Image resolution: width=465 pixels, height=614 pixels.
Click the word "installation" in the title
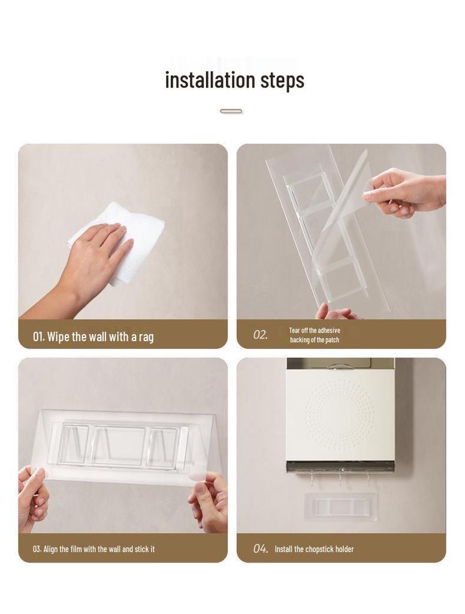[x=210, y=80]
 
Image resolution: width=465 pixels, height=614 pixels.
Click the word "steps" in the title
[x=282, y=80]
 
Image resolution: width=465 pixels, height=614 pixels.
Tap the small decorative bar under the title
[x=231, y=111]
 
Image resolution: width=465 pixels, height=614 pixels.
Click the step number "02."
[x=260, y=335]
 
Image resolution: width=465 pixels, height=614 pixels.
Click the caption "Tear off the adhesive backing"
[x=315, y=335]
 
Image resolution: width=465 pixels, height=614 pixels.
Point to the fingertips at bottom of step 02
[x=336, y=312]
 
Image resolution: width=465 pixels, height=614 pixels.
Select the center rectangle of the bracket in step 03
[x=120, y=447]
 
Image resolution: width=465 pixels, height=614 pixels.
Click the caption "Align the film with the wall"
[x=93, y=549]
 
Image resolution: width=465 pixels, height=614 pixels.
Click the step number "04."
[x=260, y=549]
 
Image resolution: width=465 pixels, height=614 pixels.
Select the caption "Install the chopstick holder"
[x=314, y=549]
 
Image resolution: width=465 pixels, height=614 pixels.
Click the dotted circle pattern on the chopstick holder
[x=339, y=414]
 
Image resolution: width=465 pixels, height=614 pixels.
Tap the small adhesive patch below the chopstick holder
[x=340, y=507]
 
